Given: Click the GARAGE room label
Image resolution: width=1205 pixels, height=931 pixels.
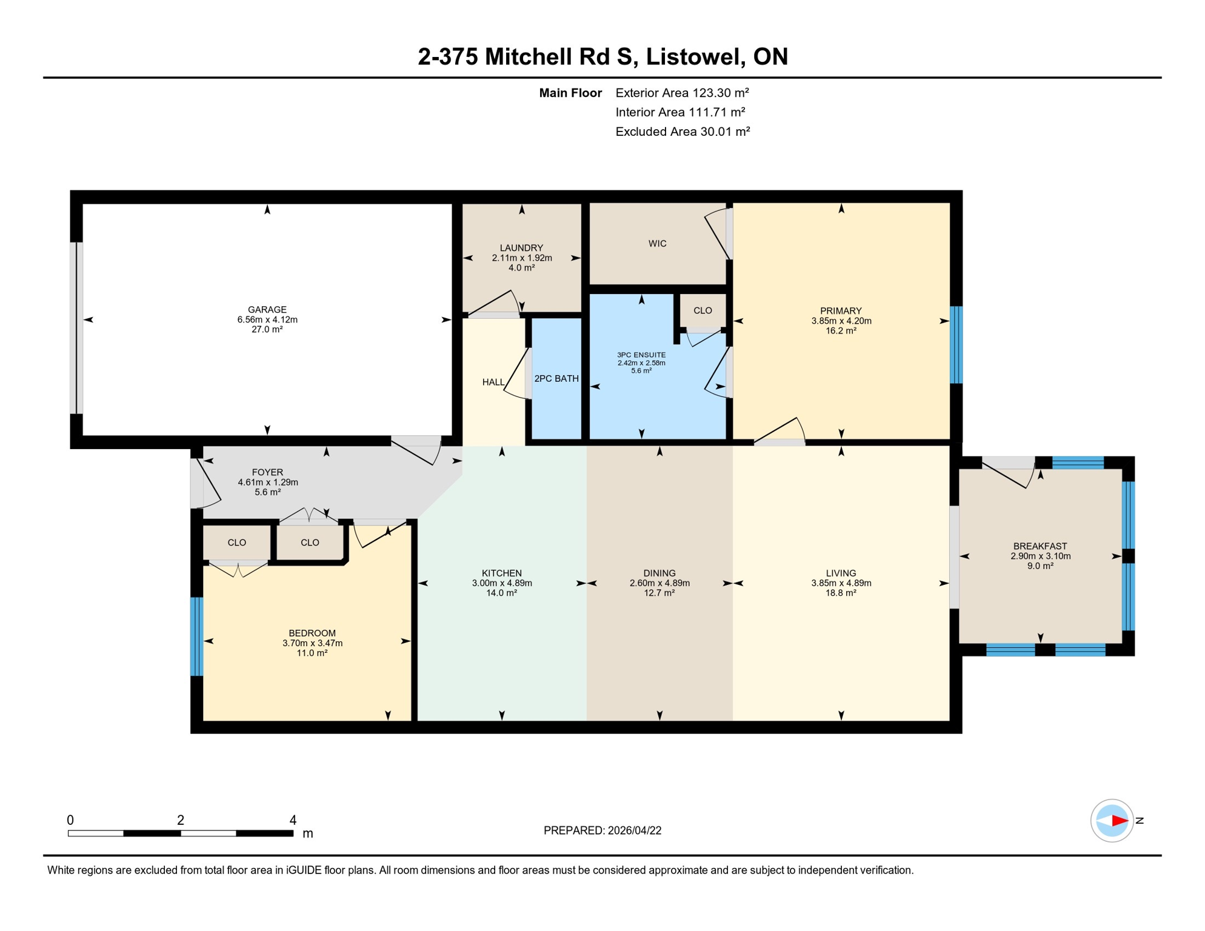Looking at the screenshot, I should (x=267, y=310).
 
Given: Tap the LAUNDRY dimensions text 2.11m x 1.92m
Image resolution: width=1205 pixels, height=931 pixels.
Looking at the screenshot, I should (x=521, y=258).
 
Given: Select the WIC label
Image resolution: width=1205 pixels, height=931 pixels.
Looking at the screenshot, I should (x=657, y=244).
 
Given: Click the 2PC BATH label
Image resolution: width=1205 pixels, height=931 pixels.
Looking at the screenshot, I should (x=556, y=379).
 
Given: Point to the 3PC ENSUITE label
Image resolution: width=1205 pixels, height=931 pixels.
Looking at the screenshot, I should (x=641, y=355).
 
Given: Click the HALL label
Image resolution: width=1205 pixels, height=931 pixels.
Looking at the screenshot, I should (x=493, y=382).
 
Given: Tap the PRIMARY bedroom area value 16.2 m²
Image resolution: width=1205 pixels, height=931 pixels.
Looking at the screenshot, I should (x=841, y=331).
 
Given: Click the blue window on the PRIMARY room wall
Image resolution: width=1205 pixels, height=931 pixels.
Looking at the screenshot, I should (x=956, y=345).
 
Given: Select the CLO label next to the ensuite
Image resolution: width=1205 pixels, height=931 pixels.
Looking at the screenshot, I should (x=703, y=311).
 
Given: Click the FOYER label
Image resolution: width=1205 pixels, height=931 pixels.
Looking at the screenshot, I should (x=267, y=472).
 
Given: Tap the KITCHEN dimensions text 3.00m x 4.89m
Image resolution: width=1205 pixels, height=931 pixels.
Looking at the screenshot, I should (x=502, y=583).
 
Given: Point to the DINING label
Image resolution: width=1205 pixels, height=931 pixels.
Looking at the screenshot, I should (x=659, y=573).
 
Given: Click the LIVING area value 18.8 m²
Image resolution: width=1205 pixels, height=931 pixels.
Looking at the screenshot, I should (x=841, y=593).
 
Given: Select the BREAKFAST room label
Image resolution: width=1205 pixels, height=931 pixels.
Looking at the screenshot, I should (x=1040, y=546).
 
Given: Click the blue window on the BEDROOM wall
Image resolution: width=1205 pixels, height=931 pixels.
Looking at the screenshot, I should (x=196, y=636).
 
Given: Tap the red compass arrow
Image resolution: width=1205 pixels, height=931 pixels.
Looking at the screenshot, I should (x=1119, y=821).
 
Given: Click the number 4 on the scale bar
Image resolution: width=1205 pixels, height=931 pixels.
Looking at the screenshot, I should (x=293, y=820).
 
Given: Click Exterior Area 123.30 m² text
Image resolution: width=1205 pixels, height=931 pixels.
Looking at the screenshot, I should (x=682, y=93).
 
